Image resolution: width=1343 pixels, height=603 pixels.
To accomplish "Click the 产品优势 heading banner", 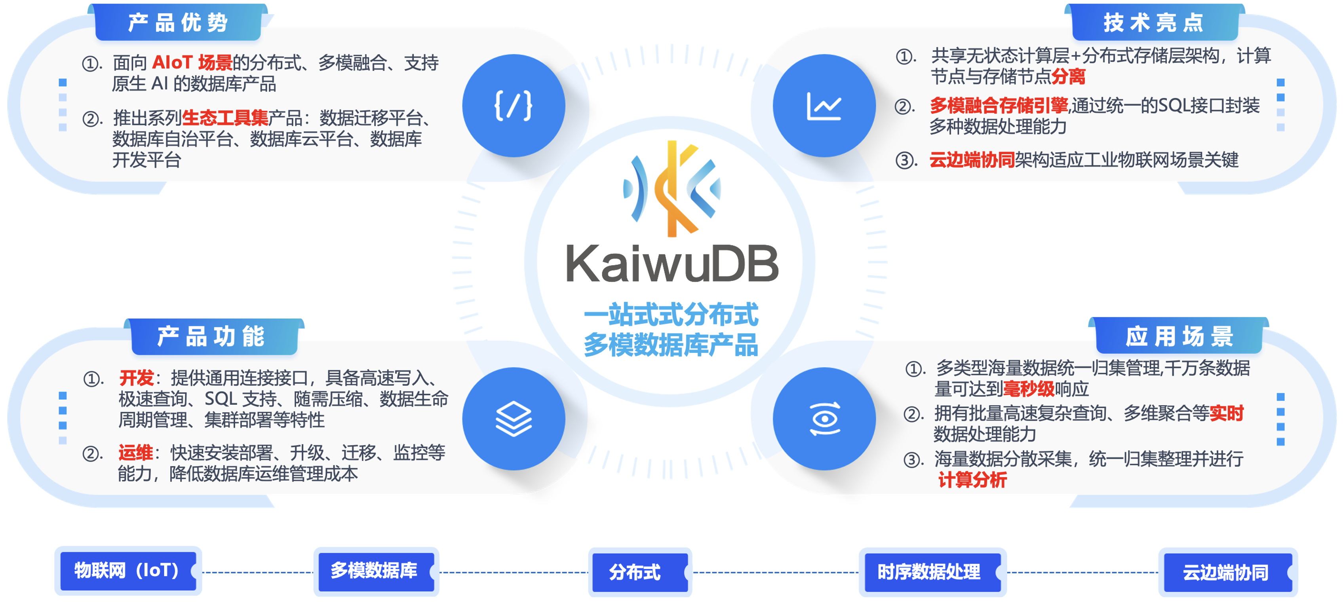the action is point(178,23).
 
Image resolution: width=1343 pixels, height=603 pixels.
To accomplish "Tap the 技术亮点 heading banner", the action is point(1153,23).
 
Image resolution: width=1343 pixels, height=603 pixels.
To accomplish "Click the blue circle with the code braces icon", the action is point(514,106).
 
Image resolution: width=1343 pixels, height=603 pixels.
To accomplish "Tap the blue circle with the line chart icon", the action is point(824,106).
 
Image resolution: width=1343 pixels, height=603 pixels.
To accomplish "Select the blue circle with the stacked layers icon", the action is point(514,419).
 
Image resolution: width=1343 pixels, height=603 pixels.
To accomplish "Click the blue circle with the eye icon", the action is point(824,419).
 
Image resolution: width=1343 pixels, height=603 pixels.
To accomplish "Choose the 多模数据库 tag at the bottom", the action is point(375,571).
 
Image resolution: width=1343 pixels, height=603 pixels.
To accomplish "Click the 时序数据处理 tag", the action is point(930,572).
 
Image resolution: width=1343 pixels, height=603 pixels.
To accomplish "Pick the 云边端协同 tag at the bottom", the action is point(1225,572).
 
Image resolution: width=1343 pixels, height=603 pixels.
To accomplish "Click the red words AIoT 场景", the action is point(192,63).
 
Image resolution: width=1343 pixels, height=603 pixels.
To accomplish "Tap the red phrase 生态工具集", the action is point(225,118).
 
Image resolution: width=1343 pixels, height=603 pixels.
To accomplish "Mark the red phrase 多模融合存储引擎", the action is point(999,105).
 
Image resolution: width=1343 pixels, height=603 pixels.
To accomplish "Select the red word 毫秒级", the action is point(1028,389).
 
